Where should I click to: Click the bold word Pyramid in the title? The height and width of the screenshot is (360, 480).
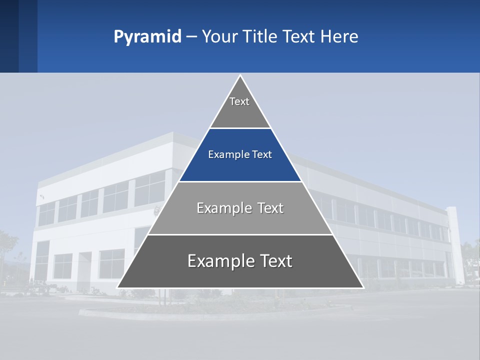click(x=147, y=36)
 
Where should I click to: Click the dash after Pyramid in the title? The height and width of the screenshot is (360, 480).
click(x=191, y=37)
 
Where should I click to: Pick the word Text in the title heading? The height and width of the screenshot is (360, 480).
click(x=298, y=36)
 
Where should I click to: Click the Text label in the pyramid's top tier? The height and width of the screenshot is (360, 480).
click(x=239, y=101)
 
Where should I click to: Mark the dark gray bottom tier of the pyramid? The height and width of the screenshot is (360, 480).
click(x=240, y=272)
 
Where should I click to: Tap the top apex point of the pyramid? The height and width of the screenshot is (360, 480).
click(x=240, y=75)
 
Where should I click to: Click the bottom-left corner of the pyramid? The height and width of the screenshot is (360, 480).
click(x=118, y=287)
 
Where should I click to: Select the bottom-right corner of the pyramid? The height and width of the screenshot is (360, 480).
click(x=362, y=287)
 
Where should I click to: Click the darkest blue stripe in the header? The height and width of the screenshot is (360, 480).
click(x=9, y=36)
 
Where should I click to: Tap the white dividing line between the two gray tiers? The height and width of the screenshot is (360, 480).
click(x=240, y=234)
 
